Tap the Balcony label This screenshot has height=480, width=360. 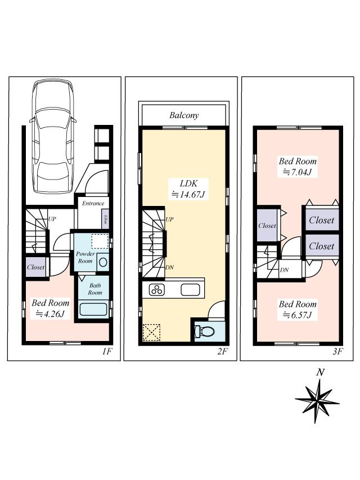[x=184, y=115]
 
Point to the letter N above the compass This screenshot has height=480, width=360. [x=320, y=373]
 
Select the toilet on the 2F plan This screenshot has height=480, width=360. [x=205, y=331]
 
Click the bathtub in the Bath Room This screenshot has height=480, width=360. [x=94, y=309]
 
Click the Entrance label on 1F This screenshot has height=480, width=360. [x=93, y=203]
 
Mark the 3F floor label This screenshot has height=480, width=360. [x=337, y=352]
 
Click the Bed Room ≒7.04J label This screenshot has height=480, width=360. [x=298, y=167]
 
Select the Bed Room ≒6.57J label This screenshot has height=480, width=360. [x=298, y=309]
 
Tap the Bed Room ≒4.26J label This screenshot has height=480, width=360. [x=50, y=307]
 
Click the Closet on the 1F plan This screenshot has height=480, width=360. [x=35, y=267]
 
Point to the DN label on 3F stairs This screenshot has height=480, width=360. [x=285, y=270]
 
